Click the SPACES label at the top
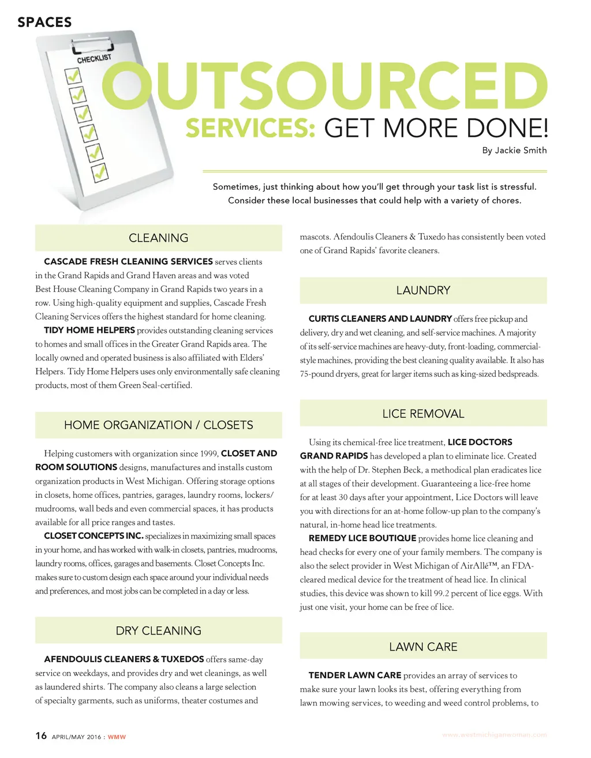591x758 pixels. [44, 22]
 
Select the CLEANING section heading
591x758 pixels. [159, 238]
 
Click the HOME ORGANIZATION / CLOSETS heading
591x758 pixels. [159, 425]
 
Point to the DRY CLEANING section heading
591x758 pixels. [159, 631]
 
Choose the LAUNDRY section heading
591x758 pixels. [423, 290]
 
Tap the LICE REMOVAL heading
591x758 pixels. [423, 414]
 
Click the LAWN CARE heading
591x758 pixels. [423, 647]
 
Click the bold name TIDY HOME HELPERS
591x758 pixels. [89, 331]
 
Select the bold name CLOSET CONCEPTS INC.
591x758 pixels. [93, 536]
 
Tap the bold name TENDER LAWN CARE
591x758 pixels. [355, 675]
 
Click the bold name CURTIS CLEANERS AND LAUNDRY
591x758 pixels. [380, 318]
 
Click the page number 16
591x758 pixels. [41, 736]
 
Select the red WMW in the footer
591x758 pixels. [117, 737]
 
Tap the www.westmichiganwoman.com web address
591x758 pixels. [494, 735]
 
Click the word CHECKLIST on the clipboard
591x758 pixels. [95, 58]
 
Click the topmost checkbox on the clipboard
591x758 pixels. [73, 76]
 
